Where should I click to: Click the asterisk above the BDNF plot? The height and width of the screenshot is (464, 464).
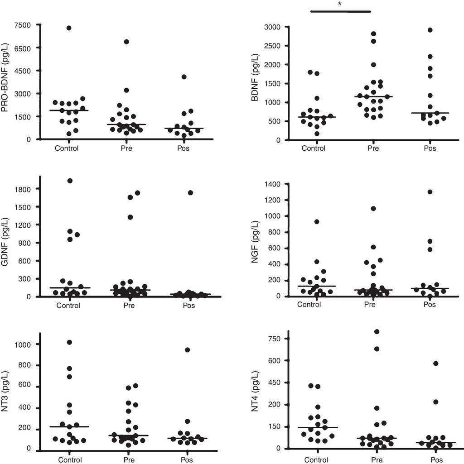coord(339,4)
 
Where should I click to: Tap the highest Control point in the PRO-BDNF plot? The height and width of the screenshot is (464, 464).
coord(69,28)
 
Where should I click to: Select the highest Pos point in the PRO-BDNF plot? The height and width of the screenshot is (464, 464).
coord(184,77)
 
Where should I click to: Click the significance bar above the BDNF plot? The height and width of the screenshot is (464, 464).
coord(340,11)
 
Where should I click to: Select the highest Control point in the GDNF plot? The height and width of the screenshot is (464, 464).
coord(70,181)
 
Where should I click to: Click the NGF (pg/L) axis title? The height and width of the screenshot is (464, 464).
coord(256,240)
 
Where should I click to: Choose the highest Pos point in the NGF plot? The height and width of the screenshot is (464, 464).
coord(430,192)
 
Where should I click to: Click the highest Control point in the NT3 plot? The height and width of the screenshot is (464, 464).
coord(69,342)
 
